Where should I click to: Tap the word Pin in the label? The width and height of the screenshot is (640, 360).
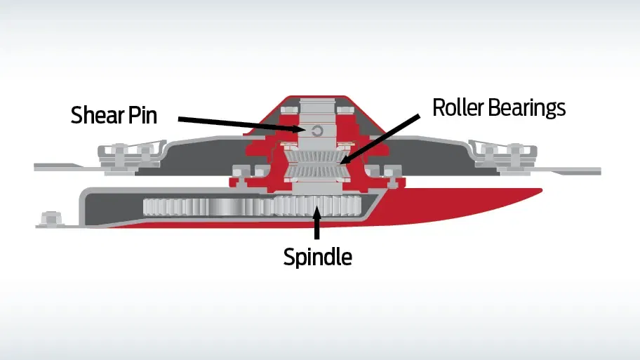[x=143, y=114]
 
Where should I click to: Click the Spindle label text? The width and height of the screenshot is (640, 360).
[x=318, y=257]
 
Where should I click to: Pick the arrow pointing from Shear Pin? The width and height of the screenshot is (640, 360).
[x=242, y=124]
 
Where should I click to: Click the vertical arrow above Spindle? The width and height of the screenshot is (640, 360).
[x=317, y=222]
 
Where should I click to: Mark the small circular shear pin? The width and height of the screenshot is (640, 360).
[x=317, y=131]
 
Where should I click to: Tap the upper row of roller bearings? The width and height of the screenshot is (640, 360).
[x=317, y=156]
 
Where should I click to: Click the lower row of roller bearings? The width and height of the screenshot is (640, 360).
[x=317, y=172]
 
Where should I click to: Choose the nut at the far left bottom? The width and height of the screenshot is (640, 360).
[x=51, y=218]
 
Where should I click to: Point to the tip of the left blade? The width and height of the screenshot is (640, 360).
[x=34, y=166]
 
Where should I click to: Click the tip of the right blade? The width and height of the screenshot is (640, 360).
[x=601, y=171]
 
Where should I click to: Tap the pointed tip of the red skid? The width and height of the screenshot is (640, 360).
[x=541, y=189]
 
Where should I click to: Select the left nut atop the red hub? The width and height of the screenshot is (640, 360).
[x=288, y=109]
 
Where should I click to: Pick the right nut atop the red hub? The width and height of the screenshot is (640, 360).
[x=345, y=109]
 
